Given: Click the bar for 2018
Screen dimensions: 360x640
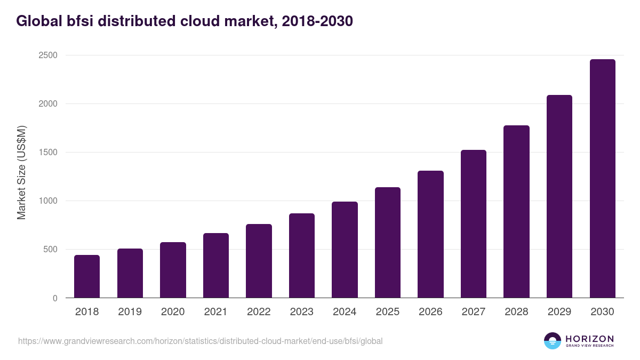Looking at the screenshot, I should point(87,276).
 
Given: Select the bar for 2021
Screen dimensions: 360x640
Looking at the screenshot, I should point(216,266).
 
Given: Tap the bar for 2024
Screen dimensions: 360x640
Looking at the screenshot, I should point(345,250).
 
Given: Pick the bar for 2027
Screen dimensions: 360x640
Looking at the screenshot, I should point(474,224).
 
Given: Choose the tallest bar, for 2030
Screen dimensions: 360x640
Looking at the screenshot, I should point(602,179).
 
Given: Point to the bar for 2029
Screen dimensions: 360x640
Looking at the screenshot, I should point(559,196).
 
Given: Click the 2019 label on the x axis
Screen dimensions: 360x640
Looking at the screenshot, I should point(130,312).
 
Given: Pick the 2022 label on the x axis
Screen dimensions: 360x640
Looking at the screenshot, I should point(259,312).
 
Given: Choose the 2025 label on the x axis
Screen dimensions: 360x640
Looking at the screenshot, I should point(388,312).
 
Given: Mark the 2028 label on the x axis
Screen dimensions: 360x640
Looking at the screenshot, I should point(516,312).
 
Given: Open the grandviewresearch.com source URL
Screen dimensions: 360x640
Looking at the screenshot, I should point(200,341).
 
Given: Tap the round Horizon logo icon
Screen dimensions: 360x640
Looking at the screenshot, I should point(553,341).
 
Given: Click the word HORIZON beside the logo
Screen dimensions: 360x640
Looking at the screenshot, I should point(590,339).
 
